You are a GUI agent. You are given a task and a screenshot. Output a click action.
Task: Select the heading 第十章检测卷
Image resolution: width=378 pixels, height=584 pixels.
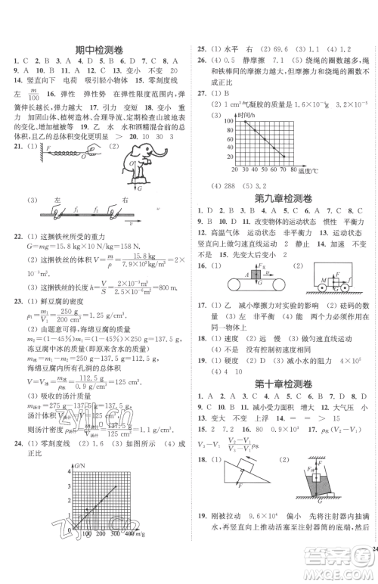pyautogui.click(x=283, y=384)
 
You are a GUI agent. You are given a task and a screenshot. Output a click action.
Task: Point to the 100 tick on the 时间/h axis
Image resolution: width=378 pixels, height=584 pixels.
pyautogui.click(x=220, y=120)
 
